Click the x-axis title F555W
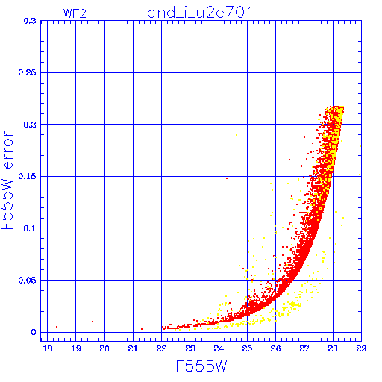pyautogui.click(x=201, y=366)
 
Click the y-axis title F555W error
pyautogui.click(x=7, y=181)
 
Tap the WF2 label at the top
pyautogui.click(x=75, y=13)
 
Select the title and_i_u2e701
pyautogui.click(x=200, y=13)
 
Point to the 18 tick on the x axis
pyautogui.click(x=48, y=348)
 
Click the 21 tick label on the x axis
pyautogui.click(x=133, y=348)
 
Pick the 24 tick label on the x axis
pyautogui.click(x=219, y=348)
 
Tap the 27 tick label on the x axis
pyautogui.click(x=304, y=348)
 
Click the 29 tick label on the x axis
pyautogui.click(x=361, y=348)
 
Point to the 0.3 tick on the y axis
pyautogui.click(x=30, y=21)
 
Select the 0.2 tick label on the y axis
pyautogui.click(x=30, y=125)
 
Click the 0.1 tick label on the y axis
pyautogui.click(x=30, y=228)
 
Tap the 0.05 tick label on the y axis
pyautogui.click(x=27, y=281)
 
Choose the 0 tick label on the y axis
pyautogui.click(x=34, y=332)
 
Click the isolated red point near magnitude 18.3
pyautogui.click(x=57, y=327)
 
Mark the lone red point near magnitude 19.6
pyautogui.click(x=93, y=322)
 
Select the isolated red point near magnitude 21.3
pyautogui.click(x=142, y=329)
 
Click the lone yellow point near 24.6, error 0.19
pyautogui.click(x=237, y=135)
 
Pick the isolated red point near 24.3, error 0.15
pyautogui.click(x=227, y=178)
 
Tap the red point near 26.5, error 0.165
pyautogui.click(x=289, y=160)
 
